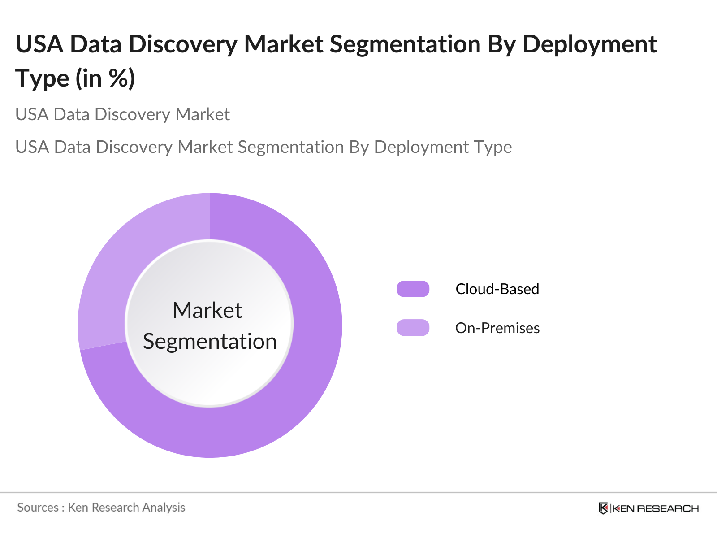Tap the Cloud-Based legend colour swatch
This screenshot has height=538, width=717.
tap(413, 289)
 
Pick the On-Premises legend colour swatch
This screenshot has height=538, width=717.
tap(413, 328)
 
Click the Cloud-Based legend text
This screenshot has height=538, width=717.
tap(497, 289)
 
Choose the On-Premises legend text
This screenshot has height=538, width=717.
tap(497, 328)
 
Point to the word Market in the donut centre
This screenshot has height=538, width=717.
tap(207, 310)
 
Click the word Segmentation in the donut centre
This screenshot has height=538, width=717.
tap(210, 341)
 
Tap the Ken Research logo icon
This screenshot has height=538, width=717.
tap(603, 508)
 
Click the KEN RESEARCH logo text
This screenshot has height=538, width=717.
tap(655, 508)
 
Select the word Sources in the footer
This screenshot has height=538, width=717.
tap(38, 508)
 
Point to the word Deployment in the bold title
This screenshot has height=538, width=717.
tap(589, 44)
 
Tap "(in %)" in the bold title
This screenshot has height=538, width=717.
tap(105, 78)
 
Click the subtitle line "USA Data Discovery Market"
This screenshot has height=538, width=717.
tap(122, 114)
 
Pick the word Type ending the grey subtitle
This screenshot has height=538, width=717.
tap(492, 147)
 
